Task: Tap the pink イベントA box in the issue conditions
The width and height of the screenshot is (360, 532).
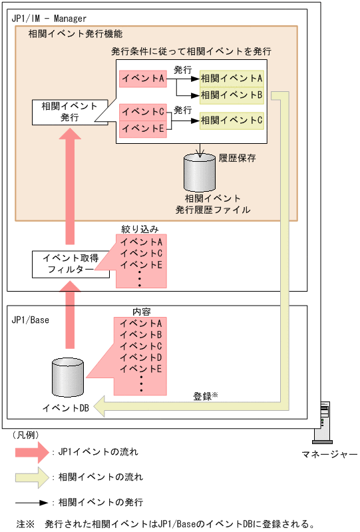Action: [x=142, y=79]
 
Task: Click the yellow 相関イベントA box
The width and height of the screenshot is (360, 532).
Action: [x=232, y=79]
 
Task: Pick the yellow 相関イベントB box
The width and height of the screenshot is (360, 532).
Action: [x=232, y=95]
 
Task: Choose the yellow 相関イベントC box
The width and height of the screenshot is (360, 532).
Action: [x=232, y=121]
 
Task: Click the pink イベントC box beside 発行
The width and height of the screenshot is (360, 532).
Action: [x=142, y=112]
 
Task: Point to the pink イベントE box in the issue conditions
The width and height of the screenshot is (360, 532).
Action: [x=142, y=128]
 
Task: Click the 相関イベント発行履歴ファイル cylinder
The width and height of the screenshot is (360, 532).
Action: [x=200, y=173]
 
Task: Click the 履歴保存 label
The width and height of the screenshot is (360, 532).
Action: [x=237, y=158]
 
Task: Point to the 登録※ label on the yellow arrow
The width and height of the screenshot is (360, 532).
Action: [x=206, y=396]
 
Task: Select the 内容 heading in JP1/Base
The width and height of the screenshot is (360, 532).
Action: [x=139, y=312]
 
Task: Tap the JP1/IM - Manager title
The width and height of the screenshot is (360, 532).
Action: [x=49, y=18]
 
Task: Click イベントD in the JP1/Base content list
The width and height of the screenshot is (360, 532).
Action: [x=142, y=357]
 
